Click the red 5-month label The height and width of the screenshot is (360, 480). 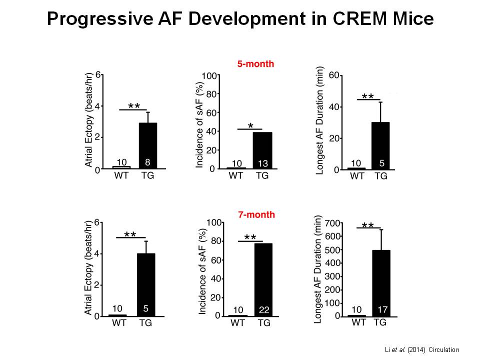point(255,64)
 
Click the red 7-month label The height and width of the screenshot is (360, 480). point(255,214)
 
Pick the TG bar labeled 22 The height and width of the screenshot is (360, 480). point(264,280)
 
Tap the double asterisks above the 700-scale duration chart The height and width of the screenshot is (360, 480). point(367,226)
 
